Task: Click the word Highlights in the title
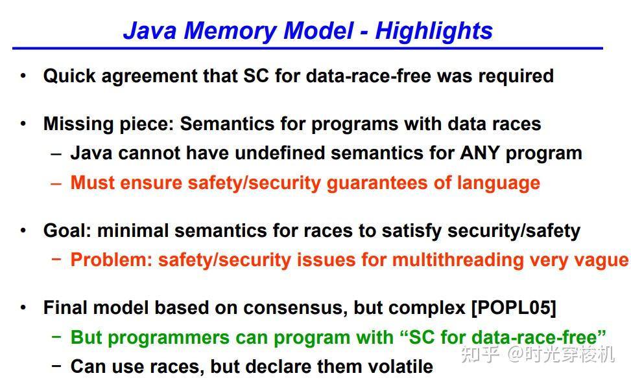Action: (434, 30)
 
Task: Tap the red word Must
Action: (91, 183)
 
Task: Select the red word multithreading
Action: (453, 260)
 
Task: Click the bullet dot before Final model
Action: (23, 307)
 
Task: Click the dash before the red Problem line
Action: (56, 260)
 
